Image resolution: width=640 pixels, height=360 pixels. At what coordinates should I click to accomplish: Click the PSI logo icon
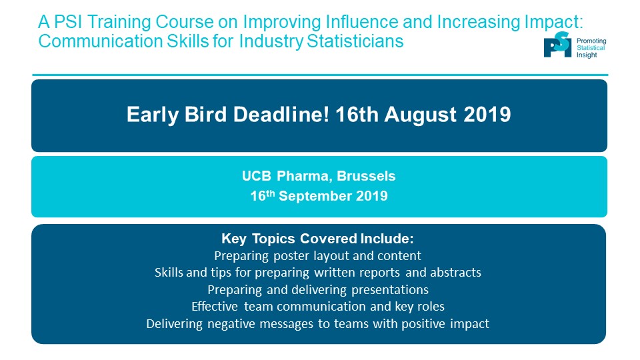[557, 45]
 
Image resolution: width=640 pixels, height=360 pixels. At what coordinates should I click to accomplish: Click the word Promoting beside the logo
[591, 41]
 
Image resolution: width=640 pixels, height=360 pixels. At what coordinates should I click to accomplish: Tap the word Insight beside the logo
[587, 55]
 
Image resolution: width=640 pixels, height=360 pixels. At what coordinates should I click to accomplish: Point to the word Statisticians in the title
[355, 41]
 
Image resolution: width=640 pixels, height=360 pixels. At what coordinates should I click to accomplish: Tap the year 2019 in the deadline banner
[487, 114]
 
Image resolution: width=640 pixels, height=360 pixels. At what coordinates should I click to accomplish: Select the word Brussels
[366, 176]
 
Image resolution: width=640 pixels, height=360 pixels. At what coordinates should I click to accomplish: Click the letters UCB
[256, 176]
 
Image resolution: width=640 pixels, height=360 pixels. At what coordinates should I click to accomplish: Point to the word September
[315, 196]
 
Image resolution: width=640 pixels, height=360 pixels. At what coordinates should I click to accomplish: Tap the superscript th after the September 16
[270, 193]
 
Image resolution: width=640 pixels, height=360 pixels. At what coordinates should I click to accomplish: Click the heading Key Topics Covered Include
[317, 239]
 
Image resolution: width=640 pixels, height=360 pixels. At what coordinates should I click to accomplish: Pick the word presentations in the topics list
[390, 290]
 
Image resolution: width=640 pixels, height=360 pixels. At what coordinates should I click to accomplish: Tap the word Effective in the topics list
[215, 307]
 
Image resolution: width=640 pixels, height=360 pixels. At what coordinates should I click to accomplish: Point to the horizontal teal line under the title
[320, 75]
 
